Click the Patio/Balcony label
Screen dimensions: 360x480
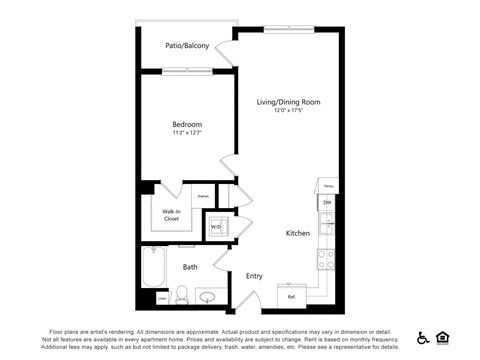pos(188,46)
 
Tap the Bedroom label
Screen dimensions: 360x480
pos(186,124)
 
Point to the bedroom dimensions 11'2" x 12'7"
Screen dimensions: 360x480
pos(186,133)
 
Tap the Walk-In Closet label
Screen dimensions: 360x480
pos(170,214)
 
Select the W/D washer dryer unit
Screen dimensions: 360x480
pos(216,227)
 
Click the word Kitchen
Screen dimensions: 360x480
pos(298,233)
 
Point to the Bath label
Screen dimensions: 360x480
pos(189,267)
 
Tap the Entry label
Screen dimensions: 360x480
pos(254,276)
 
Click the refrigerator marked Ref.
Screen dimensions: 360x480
pos(291,296)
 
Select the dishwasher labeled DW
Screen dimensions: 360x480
pos(326,203)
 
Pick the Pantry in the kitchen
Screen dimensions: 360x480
pos(326,184)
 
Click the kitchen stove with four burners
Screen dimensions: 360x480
pos(326,260)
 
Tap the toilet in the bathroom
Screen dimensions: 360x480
pos(182,294)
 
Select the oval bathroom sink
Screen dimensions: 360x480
pos(209,296)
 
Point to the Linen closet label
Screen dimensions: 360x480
pos(162,298)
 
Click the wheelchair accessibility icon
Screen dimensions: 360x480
pos(423,337)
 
